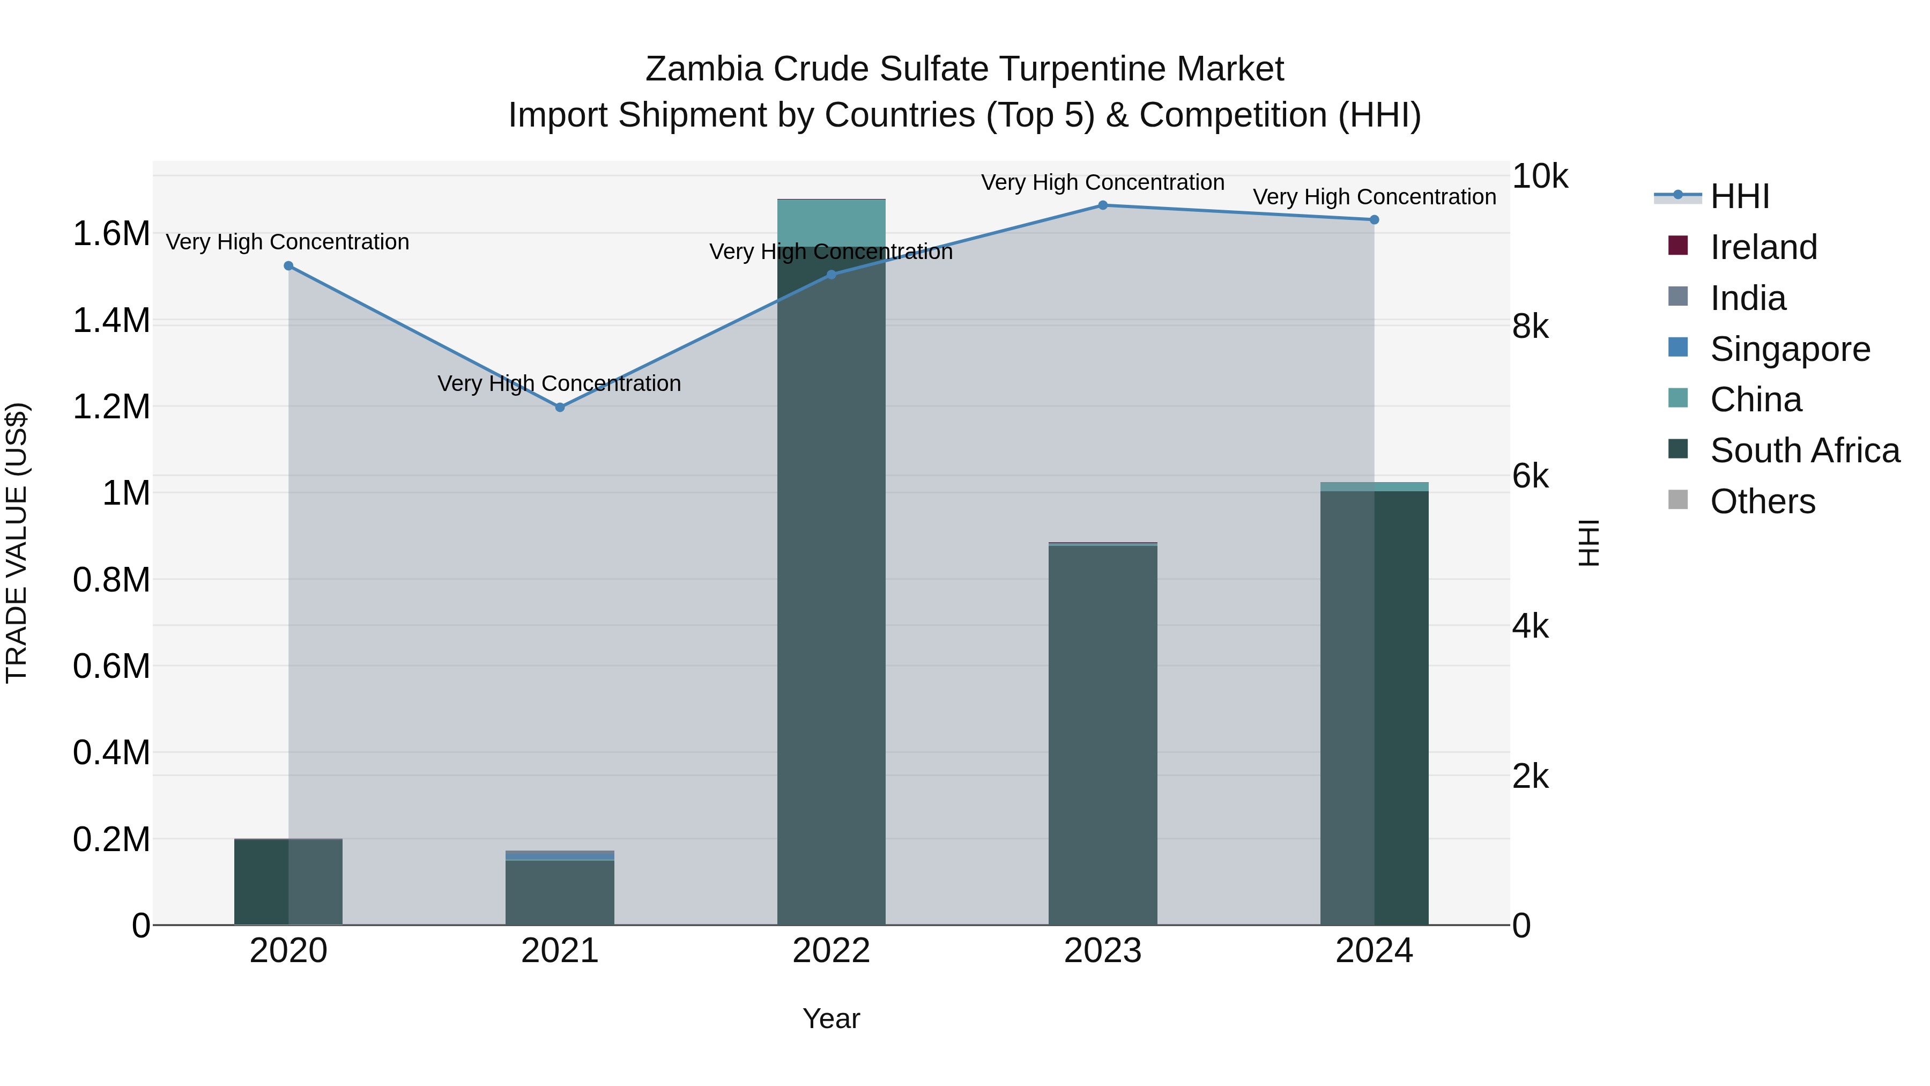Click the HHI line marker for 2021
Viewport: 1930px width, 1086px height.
[x=560, y=407]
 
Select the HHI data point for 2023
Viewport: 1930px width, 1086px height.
[x=1102, y=205]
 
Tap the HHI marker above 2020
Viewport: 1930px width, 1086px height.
[x=288, y=266]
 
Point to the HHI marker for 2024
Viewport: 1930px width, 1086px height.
[x=1374, y=219]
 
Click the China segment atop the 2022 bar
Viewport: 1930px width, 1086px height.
[x=831, y=222]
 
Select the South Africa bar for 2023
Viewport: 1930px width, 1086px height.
[x=1102, y=735]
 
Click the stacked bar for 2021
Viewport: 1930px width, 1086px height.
[x=560, y=892]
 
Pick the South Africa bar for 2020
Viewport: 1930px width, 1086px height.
[x=288, y=882]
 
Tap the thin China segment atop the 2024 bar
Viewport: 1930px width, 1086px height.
[x=1374, y=486]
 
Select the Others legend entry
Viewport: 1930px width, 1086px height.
[x=1762, y=501]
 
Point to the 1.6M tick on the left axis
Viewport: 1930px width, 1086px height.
[x=111, y=234]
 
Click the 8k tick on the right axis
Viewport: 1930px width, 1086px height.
[x=1530, y=327]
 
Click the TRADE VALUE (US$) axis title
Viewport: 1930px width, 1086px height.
[x=17, y=543]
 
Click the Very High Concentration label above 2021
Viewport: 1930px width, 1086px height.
[x=560, y=384]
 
